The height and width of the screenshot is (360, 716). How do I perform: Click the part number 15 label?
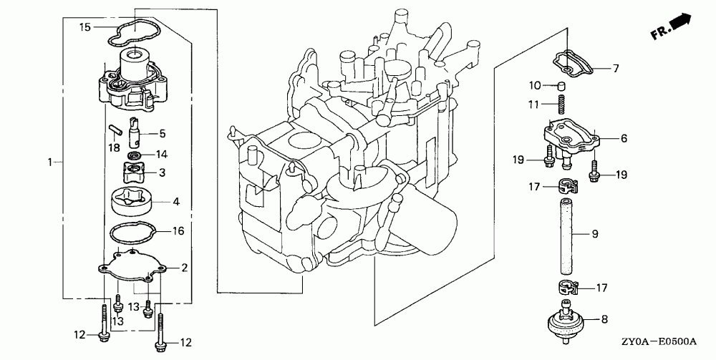click(x=85, y=27)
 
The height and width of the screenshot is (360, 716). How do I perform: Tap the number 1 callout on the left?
click(x=50, y=162)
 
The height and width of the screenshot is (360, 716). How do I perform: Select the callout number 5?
click(x=162, y=133)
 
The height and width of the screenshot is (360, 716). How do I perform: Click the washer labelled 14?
click(x=134, y=155)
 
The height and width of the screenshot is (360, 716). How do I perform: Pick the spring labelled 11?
click(x=563, y=106)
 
